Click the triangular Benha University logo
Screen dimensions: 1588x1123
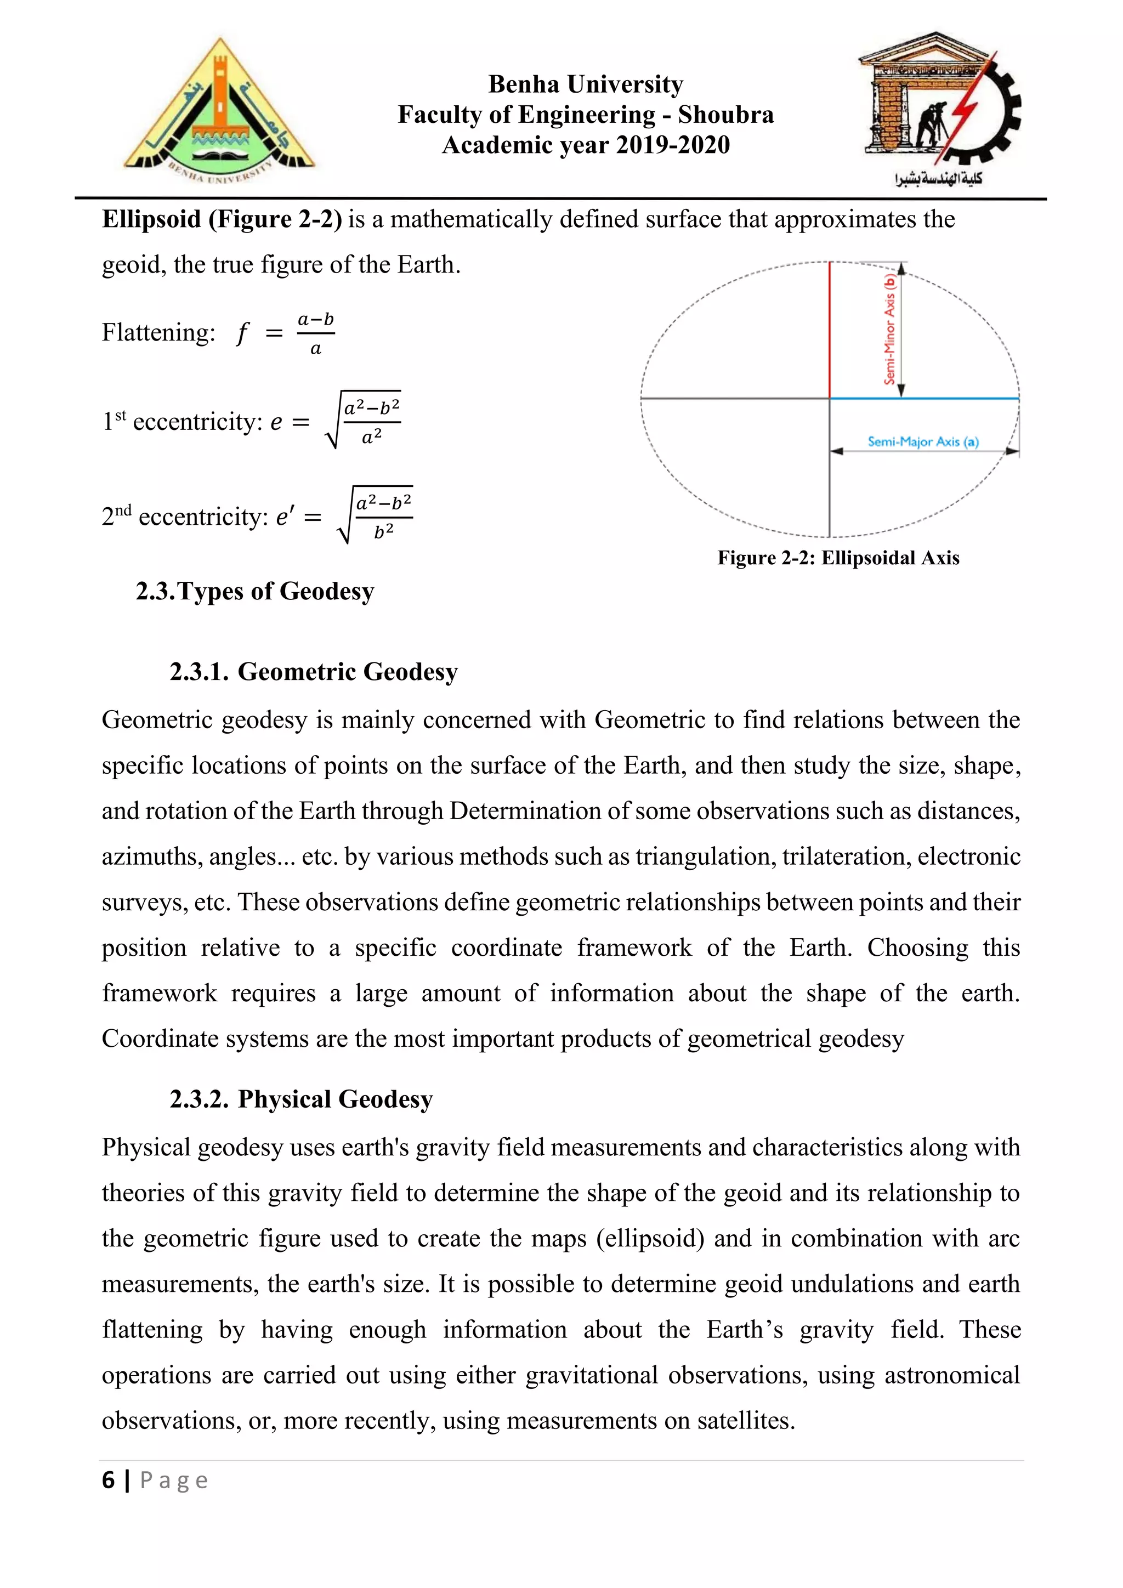coord(219,111)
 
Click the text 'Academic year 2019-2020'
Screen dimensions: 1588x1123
coord(586,145)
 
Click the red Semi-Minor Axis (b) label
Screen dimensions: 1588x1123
coord(890,329)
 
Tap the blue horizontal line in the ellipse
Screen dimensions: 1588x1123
coord(924,399)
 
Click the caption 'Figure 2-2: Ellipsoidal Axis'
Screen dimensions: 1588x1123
coord(838,558)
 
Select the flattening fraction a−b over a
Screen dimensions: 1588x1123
coord(316,333)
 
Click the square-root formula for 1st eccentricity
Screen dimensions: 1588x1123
coord(364,421)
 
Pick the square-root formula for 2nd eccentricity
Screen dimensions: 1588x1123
coord(376,516)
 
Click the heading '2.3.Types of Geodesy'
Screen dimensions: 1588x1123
coord(254,591)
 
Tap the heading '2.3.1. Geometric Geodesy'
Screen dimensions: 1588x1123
coord(313,672)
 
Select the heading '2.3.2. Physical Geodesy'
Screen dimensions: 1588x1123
coord(301,1099)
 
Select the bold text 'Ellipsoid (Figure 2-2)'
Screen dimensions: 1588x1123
coord(222,219)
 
